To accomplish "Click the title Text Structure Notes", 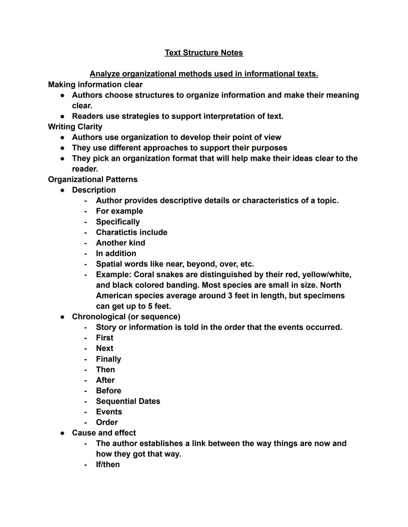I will click(x=204, y=53).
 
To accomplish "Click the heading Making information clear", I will click(x=95, y=85).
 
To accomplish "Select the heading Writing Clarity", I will click(x=75, y=127).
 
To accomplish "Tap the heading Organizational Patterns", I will click(x=93, y=180).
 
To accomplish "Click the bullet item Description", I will click(x=94, y=190).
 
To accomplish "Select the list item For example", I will click(x=119, y=211).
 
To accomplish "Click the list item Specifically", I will click(x=118, y=222).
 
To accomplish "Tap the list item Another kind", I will click(x=121, y=243).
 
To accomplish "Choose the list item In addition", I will click(x=116, y=254).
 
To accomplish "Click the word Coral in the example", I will click(x=144, y=275).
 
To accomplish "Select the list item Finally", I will click(x=108, y=359).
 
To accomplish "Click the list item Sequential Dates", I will click(x=128, y=401).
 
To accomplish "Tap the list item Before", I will click(x=108, y=391).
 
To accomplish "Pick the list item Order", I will click(x=107, y=423).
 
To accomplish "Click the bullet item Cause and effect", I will click(x=104, y=433).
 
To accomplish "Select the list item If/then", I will click(x=108, y=465).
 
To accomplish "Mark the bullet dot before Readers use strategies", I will click(x=62, y=117).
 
